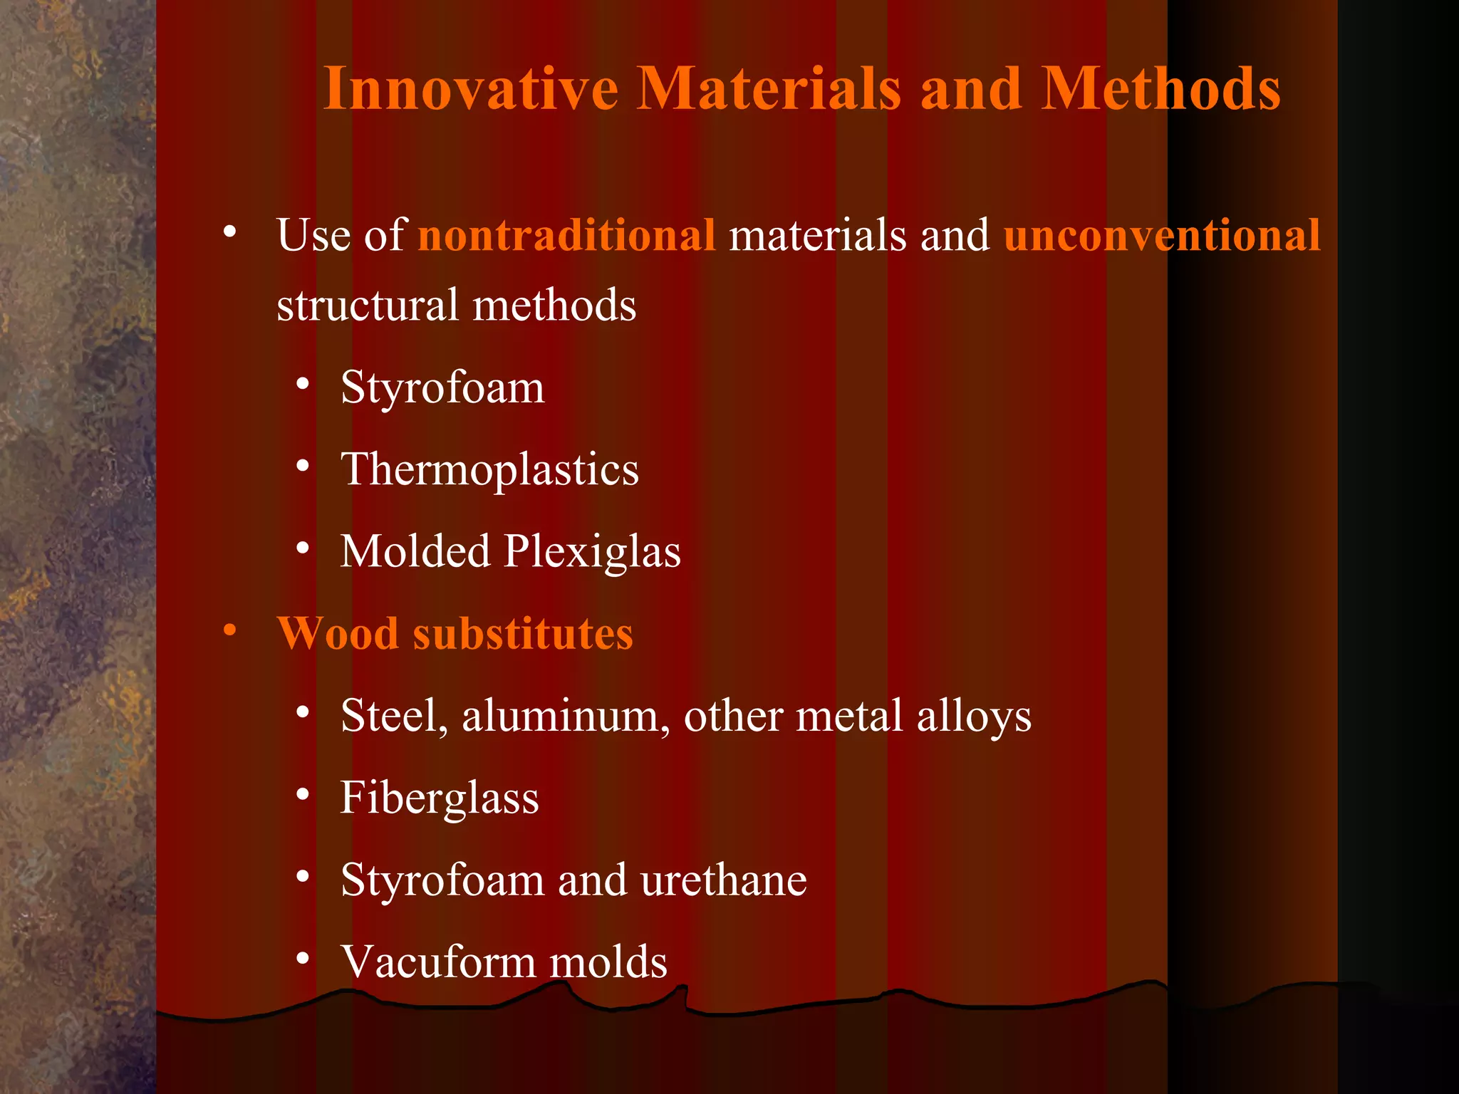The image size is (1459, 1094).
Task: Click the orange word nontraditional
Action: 566,235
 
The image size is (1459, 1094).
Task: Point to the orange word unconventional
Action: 1162,235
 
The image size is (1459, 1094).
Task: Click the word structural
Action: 367,305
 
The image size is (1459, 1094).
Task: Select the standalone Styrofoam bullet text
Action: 442,388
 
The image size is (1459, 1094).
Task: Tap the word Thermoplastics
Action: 489,470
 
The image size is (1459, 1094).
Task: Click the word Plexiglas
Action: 592,552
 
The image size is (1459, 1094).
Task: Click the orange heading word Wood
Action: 337,633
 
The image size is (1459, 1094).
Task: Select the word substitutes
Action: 523,633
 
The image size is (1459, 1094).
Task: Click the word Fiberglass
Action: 440,798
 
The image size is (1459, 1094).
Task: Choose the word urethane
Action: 723,880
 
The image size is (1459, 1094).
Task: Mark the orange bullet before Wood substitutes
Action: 229,630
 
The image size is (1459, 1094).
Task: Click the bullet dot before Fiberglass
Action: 303,794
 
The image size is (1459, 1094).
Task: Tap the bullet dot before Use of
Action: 229,231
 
